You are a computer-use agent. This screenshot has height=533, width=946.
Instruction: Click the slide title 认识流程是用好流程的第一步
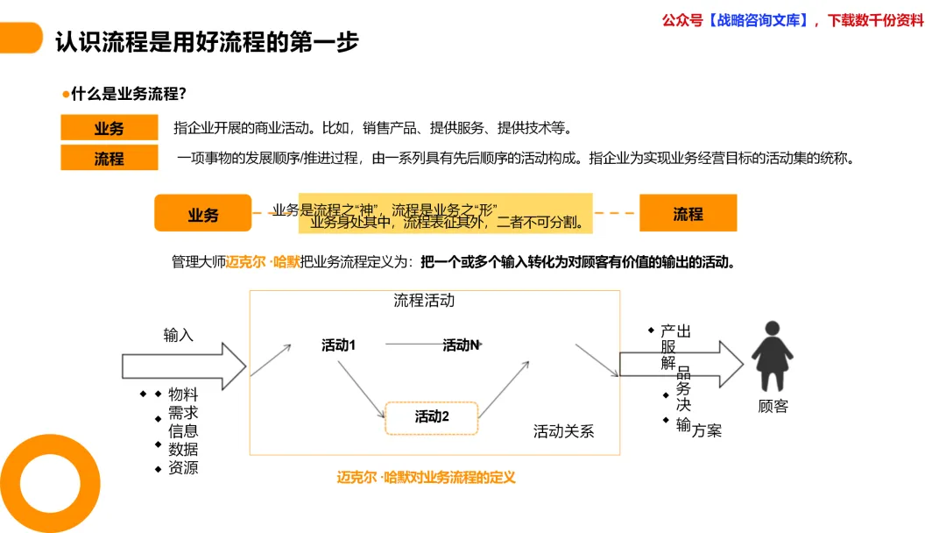(207, 41)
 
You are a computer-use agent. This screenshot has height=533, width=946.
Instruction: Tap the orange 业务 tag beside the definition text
(109, 128)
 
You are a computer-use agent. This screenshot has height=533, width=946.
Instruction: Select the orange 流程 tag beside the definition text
(109, 159)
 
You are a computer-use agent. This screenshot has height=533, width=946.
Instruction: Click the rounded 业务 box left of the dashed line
(202, 214)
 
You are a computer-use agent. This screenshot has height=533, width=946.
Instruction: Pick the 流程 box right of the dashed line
(688, 213)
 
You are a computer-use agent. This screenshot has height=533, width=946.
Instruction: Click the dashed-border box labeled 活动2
(432, 417)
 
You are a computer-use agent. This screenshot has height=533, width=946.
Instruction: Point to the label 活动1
(338, 345)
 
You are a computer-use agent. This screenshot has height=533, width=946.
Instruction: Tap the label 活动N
(461, 345)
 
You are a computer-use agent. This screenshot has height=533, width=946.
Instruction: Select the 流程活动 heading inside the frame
(424, 301)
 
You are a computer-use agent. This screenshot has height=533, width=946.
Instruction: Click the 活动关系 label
(563, 431)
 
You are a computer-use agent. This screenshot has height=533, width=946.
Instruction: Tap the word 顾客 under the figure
(773, 406)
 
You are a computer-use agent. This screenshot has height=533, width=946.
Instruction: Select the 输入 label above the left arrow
(178, 335)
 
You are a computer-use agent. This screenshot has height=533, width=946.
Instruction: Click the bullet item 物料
(183, 394)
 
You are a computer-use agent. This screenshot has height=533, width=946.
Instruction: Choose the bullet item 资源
(183, 468)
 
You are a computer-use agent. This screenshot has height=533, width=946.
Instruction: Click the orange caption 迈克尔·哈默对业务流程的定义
(426, 478)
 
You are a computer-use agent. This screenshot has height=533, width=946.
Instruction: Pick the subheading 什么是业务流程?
(128, 94)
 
